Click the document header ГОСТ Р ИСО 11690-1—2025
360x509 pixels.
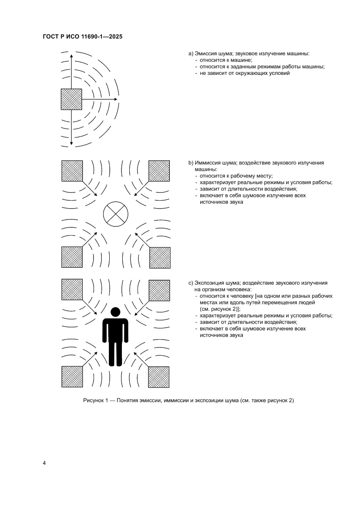click(82, 37)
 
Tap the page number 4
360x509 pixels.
click(44, 462)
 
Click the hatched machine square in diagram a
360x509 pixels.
click(71, 99)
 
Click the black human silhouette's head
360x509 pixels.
click(115, 312)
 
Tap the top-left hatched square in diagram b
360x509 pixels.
click(72, 171)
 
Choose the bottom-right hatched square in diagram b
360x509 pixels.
click(160, 257)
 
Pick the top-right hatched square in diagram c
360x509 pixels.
click(159, 290)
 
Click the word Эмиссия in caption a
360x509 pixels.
click(206, 54)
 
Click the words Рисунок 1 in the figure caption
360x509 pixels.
click(95, 401)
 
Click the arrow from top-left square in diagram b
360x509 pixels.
click(90, 189)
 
